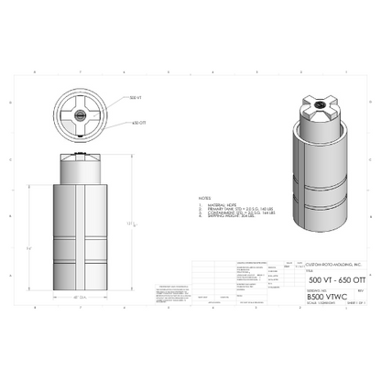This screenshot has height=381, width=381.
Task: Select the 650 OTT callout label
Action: pos(139,122)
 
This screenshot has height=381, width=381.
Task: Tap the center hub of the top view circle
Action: pos(80,115)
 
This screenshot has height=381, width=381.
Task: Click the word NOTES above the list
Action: pos(204,197)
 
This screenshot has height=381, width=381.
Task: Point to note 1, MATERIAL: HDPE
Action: pos(220,203)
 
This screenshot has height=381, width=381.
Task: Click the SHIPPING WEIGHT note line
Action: pos(230,218)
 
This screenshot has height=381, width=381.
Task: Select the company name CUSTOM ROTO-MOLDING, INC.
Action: pos(317,264)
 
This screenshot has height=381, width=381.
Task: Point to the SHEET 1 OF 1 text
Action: pos(353,302)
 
